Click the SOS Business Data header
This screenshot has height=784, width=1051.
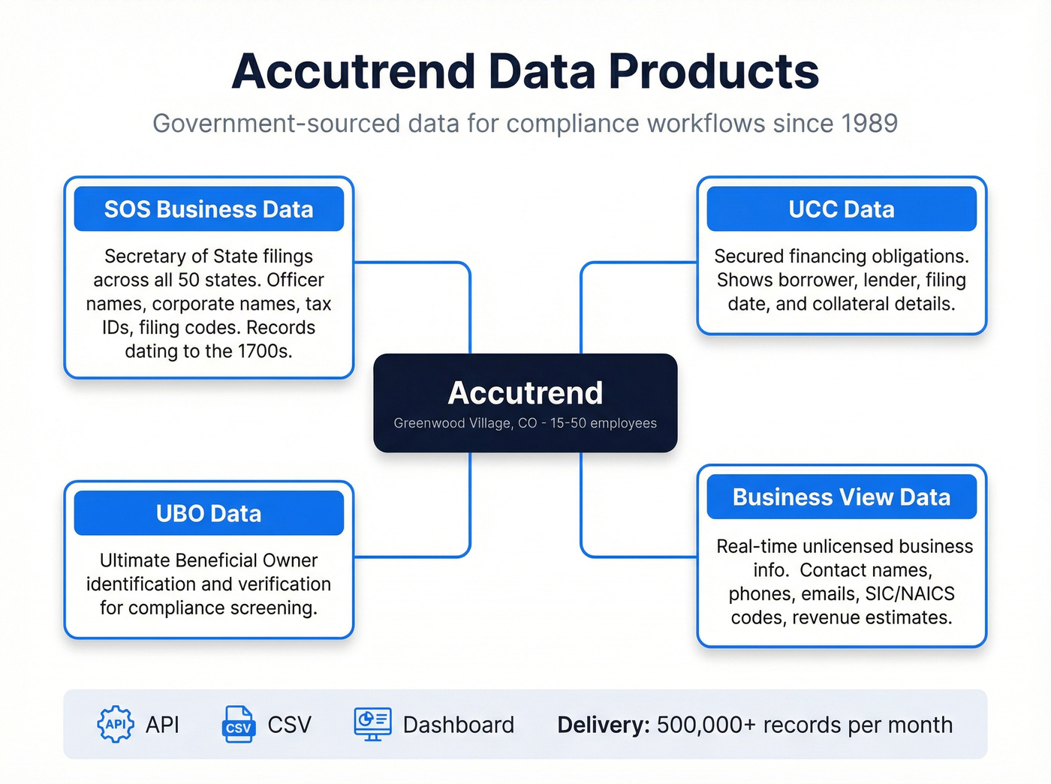coord(209,209)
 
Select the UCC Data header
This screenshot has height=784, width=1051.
coord(841,209)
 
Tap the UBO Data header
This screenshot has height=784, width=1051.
coord(209,514)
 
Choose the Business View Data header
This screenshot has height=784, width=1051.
coord(841,497)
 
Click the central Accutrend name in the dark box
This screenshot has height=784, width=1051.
coord(525,393)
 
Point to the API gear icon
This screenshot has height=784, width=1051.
coord(116,725)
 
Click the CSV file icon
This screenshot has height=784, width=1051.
coord(238,725)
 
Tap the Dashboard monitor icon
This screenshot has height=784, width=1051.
coord(372,724)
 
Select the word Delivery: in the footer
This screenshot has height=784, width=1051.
coord(603,725)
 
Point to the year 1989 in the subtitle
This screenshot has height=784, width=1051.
coord(869,124)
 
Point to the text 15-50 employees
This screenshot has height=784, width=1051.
coord(604,423)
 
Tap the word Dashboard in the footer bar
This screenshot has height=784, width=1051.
coord(458,725)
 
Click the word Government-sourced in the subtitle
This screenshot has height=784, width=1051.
coord(276,124)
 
